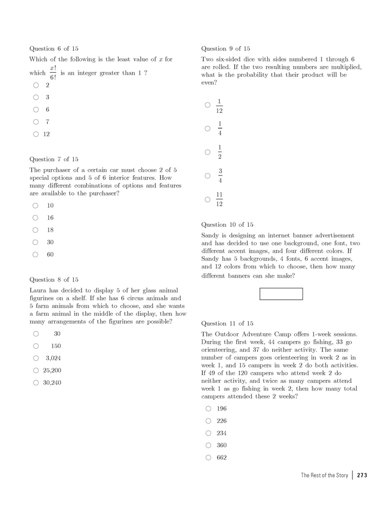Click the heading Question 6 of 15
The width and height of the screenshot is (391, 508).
54,49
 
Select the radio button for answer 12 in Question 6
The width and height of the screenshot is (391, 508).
36,134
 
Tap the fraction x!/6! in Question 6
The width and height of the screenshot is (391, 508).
53,72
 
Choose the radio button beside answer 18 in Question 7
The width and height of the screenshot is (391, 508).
35,230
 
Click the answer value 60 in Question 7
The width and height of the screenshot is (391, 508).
50,254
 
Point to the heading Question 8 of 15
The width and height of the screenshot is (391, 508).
54,280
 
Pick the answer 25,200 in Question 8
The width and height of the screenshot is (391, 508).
52,371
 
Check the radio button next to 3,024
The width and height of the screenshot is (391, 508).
36,358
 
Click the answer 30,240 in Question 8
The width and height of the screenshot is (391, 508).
52,383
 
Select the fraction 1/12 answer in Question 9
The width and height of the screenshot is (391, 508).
219,106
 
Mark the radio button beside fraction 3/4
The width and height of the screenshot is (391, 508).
208,176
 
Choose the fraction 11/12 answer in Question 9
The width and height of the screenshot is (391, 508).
219,199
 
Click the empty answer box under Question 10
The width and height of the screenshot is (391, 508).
281,294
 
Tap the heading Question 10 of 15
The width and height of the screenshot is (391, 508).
227,225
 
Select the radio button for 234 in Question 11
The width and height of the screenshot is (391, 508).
209,433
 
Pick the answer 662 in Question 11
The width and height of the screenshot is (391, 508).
221,458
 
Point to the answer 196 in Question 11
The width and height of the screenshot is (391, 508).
221,409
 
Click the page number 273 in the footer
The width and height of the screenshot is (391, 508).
362,475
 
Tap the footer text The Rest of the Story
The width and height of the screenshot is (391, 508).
324,475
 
